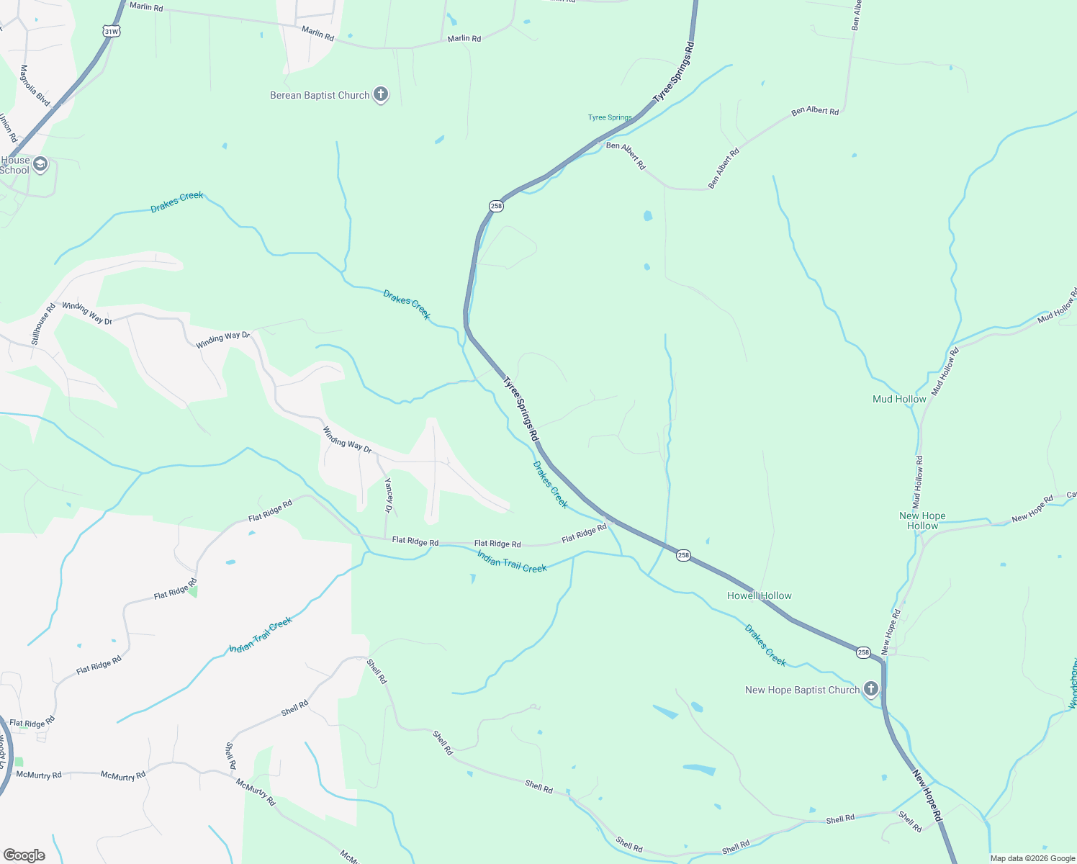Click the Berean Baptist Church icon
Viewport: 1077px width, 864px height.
coord(381,94)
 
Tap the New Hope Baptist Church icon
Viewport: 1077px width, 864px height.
coord(871,689)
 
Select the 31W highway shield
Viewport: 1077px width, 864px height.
coord(110,31)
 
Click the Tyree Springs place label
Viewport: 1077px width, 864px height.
coord(610,117)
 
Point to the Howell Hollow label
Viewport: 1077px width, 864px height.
coord(759,595)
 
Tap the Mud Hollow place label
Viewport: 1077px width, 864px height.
coord(899,399)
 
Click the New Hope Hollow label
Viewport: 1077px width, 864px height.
coord(922,521)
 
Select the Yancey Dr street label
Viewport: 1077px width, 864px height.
coord(389,495)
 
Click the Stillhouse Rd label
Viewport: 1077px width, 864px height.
coord(43,325)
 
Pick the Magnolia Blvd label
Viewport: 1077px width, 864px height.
coord(34,86)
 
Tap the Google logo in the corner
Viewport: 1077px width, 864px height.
coord(24,855)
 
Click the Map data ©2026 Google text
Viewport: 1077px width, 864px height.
coord(1032,858)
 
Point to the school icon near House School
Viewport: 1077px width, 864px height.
coord(40,165)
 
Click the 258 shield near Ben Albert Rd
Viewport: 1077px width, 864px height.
coord(496,206)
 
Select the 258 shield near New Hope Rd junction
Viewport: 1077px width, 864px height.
coord(863,652)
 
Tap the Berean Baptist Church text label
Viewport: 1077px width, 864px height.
coord(320,95)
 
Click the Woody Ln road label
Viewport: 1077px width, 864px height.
coord(3,752)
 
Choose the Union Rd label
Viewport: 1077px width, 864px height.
coord(7,127)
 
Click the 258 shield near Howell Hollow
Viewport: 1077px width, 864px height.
coord(683,555)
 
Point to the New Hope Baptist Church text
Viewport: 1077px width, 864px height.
coord(802,690)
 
